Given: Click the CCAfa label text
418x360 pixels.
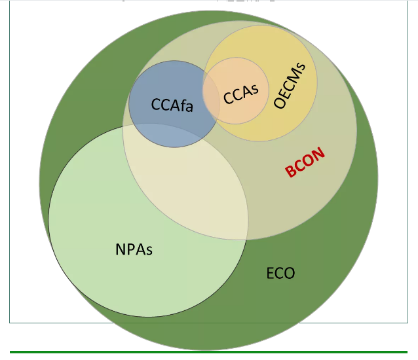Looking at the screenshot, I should click(x=172, y=105).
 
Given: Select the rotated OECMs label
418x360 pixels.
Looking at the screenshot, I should click(x=290, y=86).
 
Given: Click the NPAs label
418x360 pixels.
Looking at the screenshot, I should click(x=134, y=249).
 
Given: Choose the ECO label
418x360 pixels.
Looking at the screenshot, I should click(x=280, y=273).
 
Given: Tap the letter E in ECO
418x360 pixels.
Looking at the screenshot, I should click(x=271, y=273).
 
